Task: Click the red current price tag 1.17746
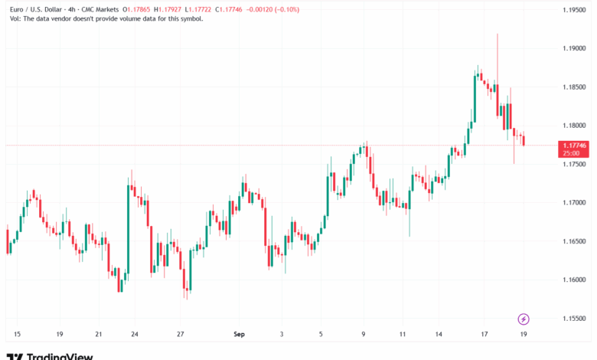(x=575, y=145)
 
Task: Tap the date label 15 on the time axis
(x=17, y=334)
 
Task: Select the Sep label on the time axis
(x=239, y=334)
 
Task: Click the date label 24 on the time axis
(x=135, y=334)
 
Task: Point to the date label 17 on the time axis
(x=484, y=334)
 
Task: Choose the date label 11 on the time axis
(x=403, y=334)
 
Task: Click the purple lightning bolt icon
(x=524, y=319)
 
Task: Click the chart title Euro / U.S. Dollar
(x=31, y=9)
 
